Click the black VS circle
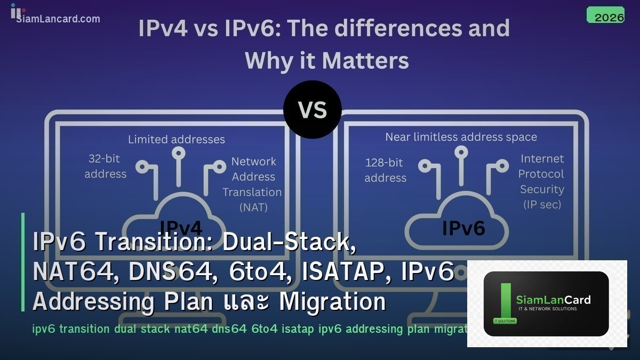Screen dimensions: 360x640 coord(312,110)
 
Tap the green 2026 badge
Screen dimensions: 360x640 coord(605,15)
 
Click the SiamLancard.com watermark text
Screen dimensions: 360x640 coord(58,19)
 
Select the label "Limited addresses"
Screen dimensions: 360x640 coord(177,140)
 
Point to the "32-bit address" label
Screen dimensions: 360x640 coord(106,166)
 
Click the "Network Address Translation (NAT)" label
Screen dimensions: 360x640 coord(253,184)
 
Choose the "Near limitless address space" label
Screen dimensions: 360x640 coord(461,138)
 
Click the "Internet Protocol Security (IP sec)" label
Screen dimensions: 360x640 coord(541,181)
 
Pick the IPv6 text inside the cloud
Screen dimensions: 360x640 coord(463,228)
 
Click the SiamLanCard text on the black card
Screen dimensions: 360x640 coord(553,300)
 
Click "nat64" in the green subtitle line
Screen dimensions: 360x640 coord(191,329)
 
